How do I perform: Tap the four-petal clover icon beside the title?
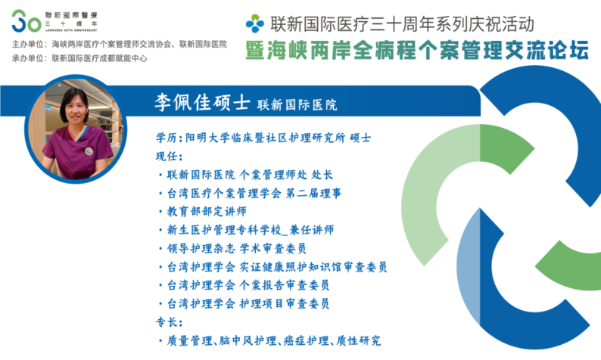pyautogui.click(x=255, y=23)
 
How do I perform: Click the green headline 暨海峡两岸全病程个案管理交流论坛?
pyautogui.click(x=417, y=50)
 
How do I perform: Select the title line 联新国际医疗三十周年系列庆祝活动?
pyautogui.click(x=402, y=23)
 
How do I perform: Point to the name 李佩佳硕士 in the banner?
pyautogui.click(x=202, y=102)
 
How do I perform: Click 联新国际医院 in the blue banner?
pyautogui.click(x=297, y=104)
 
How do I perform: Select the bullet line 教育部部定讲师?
pyautogui.click(x=207, y=212)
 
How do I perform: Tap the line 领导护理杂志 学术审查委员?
pyautogui.click(x=236, y=248)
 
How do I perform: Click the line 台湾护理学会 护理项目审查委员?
pyautogui.click(x=248, y=304)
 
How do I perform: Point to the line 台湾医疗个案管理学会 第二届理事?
pyautogui.click(x=254, y=193)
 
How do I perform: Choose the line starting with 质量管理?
pyautogui.click(x=274, y=340)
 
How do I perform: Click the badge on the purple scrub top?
pyautogui.click(x=89, y=151)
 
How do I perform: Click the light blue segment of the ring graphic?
pyautogui.click(x=469, y=268)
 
